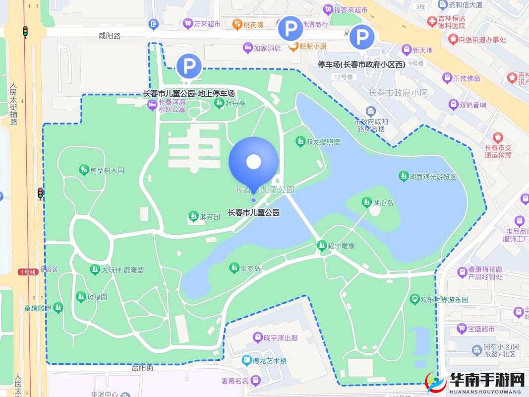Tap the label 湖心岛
[x=383, y=202]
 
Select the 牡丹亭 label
[x=235, y=103]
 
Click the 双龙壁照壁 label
[x=323, y=142]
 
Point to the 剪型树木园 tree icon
[x=84, y=170]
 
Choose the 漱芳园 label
[x=210, y=217]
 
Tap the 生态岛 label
[x=250, y=268]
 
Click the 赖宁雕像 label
[x=342, y=246]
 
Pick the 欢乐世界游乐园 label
[x=444, y=300]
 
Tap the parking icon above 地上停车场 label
[x=189, y=66]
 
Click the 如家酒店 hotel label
[x=267, y=48]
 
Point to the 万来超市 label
[x=207, y=23]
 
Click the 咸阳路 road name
[x=110, y=36]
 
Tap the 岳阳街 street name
[x=143, y=368]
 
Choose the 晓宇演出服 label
[x=281, y=338]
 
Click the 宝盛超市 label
[x=481, y=329]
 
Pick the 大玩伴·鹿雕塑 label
[x=122, y=270]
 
